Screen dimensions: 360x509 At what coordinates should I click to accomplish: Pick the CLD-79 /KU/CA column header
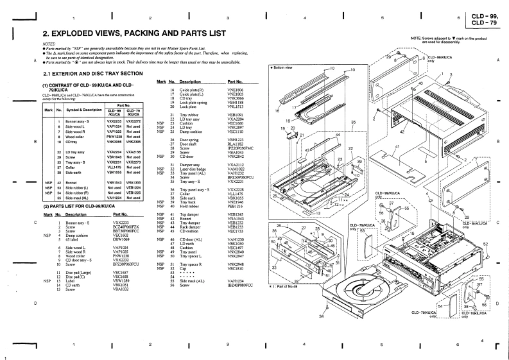click(134, 112)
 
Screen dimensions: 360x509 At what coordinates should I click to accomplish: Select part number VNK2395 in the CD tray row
click(133, 141)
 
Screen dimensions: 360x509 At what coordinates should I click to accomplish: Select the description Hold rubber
click(191, 206)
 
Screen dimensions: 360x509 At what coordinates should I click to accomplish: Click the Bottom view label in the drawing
click(283, 67)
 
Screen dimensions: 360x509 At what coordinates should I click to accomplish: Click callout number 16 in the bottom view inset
click(278, 111)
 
